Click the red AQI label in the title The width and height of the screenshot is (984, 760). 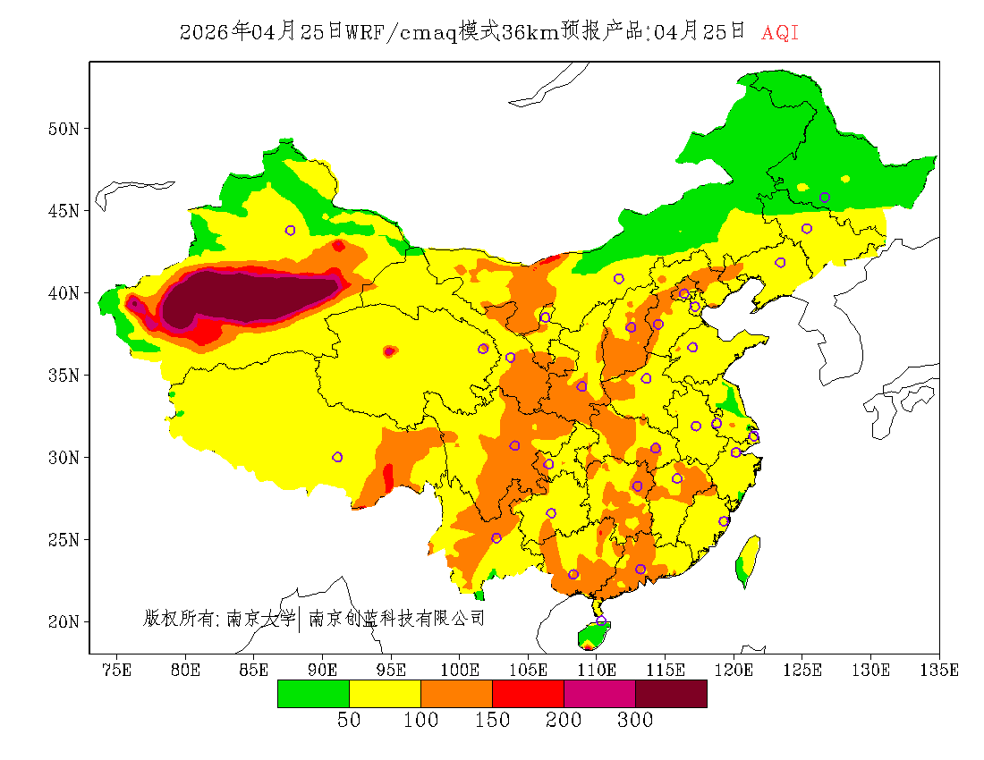coord(779,33)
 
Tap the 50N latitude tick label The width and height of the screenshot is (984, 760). coord(63,129)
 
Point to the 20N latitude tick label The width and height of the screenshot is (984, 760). coord(63,621)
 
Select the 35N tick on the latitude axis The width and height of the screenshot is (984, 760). coord(63,375)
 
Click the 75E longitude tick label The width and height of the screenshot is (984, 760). coord(116,670)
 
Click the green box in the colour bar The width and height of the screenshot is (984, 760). coord(313,694)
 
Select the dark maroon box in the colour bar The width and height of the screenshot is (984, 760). coord(671,694)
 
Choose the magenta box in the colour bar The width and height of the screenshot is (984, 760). coord(599,694)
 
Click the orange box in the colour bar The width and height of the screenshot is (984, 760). coord(456,694)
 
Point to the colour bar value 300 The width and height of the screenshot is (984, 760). coord(635,721)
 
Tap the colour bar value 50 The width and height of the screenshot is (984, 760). coord(349,721)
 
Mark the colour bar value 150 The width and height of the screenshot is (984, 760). coord(492,721)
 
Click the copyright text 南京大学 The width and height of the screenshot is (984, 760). coord(260,618)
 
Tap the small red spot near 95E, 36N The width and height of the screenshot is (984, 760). coord(389,351)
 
